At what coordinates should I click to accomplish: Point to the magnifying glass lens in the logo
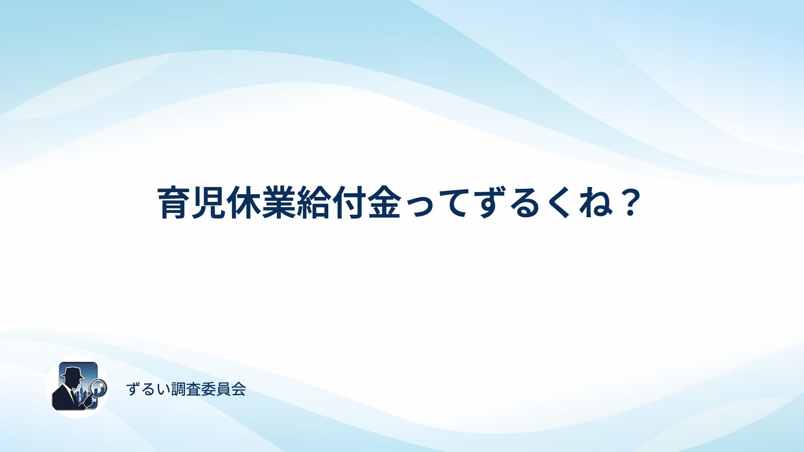pyautogui.click(x=99, y=387)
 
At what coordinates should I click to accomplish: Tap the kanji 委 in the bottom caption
pyautogui.click(x=209, y=389)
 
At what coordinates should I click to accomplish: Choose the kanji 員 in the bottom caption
pyautogui.click(x=224, y=389)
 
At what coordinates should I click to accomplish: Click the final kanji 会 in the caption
pyautogui.click(x=238, y=389)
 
